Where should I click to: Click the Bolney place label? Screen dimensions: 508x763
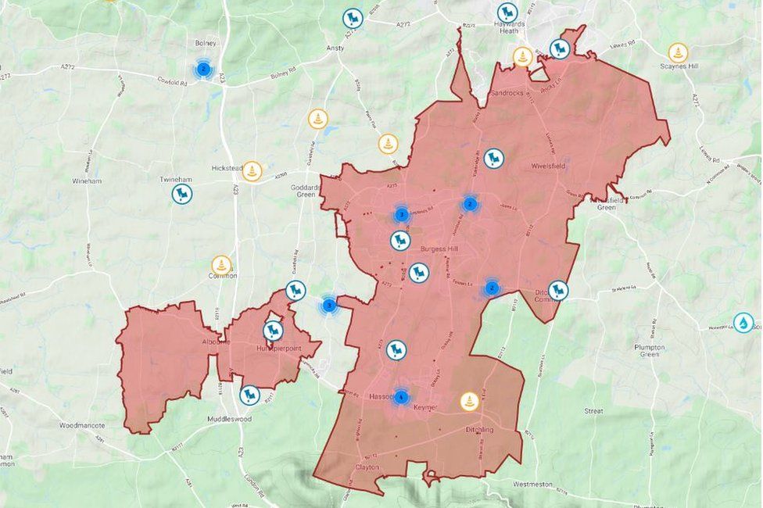[206, 44]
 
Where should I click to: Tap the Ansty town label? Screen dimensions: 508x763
[335, 48]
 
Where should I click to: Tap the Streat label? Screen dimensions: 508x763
[593, 410]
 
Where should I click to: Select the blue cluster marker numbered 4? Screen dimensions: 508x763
[401, 397]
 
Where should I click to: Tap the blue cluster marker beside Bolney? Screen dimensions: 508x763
[203, 70]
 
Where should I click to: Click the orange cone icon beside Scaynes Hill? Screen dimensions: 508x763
[678, 52]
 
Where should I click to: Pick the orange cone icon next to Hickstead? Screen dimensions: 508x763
[252, 171]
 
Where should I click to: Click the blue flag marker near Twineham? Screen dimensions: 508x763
[182, 194]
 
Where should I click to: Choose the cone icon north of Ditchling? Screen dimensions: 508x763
[469, 401]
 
